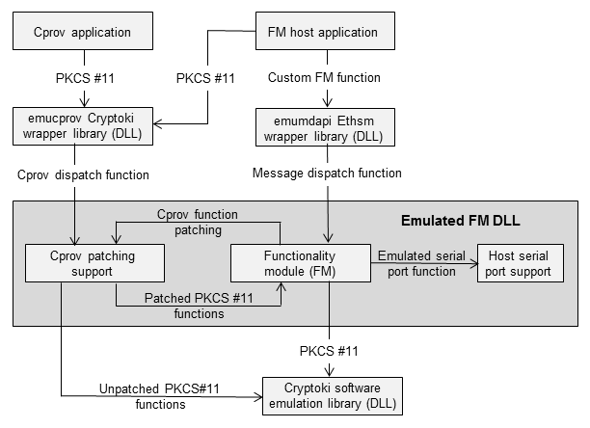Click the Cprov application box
tap(82, 32)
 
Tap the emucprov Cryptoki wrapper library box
tap(82, 124)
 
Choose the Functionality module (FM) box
tap(301, 262)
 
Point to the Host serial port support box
tap(521, 262)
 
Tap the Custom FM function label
tap(325, 76)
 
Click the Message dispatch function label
tap(326, 174)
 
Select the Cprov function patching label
tap(198, 222)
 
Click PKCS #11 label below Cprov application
tap(82, 76)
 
